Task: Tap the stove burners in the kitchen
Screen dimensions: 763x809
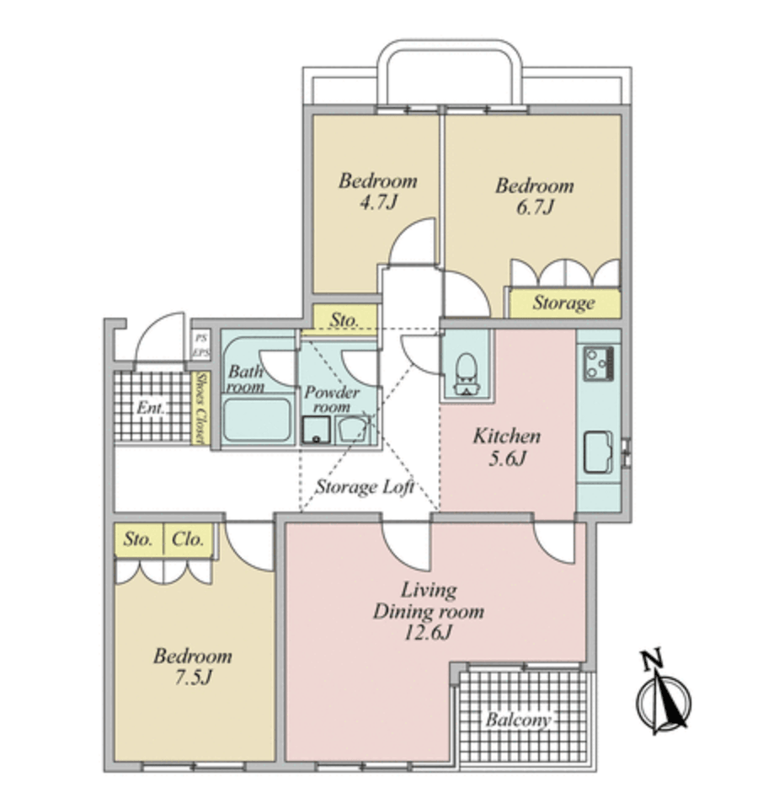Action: pos(599,364)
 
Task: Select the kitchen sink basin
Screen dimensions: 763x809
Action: pos(598,453)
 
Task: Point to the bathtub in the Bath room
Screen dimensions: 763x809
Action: pos(257,420)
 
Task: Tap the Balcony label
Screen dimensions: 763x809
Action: pos(518,719)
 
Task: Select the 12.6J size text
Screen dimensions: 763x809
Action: pos(427,633)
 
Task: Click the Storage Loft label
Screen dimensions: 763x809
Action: pos(365,486)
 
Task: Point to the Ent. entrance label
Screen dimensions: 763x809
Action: pos(151,408)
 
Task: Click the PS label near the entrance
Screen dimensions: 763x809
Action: pos(201,339)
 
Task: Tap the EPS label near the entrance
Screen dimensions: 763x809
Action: pos(201,353)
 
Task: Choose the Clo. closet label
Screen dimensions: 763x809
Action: pos(188,539)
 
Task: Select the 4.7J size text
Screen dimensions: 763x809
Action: pos(378,201)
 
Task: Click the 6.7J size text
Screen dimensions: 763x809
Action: pos(535,206)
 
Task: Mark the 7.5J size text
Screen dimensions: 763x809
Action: pos(193,677)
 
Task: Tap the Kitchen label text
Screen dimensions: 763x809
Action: pos(507,437)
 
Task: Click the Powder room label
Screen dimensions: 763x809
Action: pos(332,399)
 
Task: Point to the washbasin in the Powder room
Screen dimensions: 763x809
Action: pos(351,430)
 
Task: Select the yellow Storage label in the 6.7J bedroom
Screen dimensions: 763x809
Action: pos(564,303)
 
